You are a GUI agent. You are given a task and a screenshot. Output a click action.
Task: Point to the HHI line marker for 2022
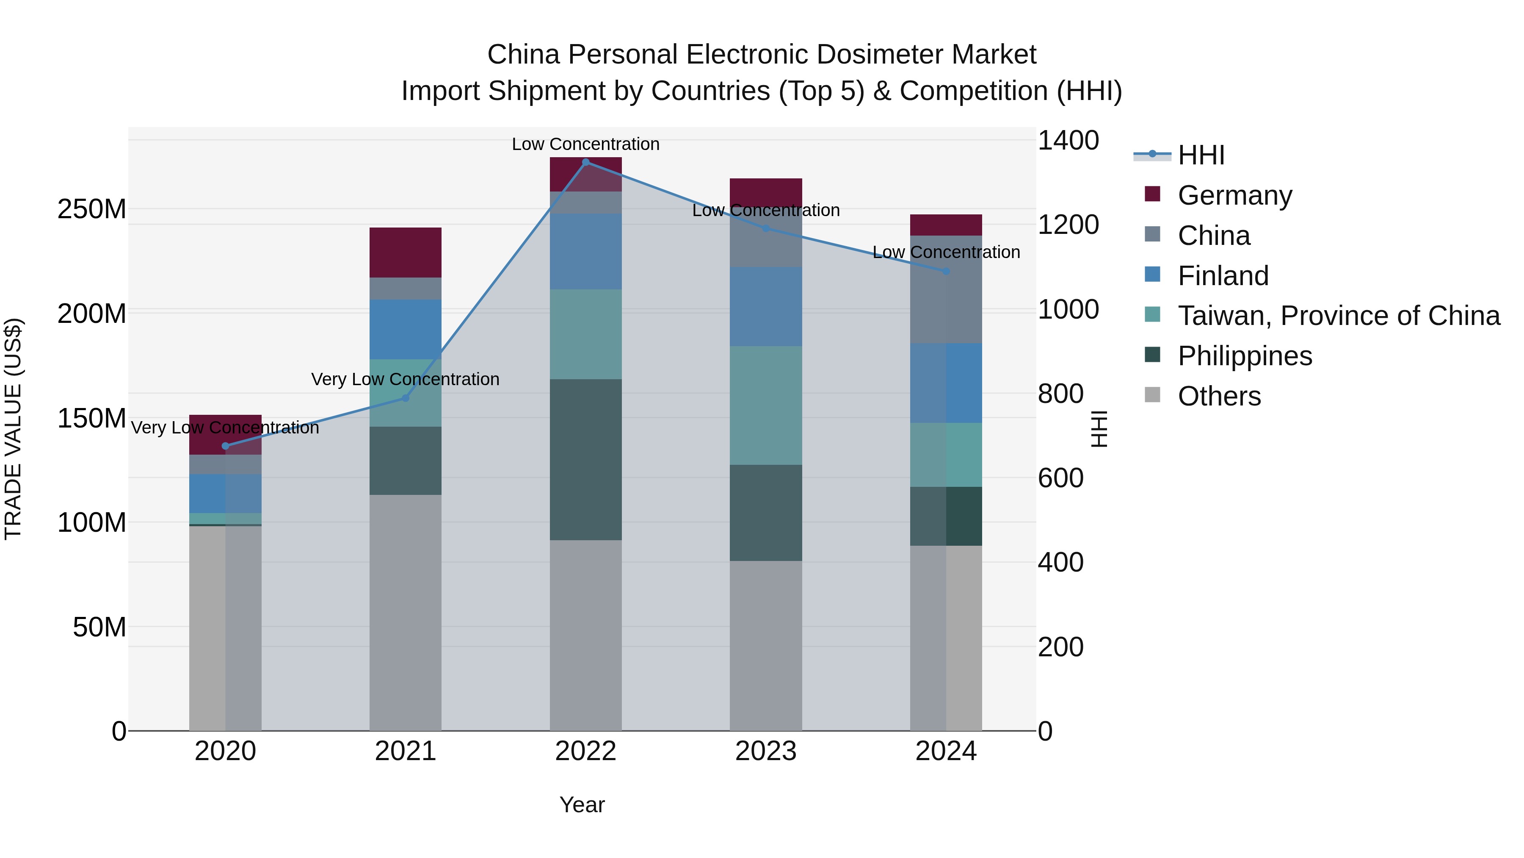pos(586,162)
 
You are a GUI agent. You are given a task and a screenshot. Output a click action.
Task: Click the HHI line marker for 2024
pos(946,271)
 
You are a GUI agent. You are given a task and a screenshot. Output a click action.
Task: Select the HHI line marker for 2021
pos(405,398)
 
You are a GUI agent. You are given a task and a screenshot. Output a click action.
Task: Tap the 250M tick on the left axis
pos(92,209)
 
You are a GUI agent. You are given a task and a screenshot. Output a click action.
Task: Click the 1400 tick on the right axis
pos(1068,141)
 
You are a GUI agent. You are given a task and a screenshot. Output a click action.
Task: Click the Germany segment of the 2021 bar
pos(405,252)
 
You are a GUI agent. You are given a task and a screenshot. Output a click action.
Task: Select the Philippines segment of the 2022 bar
pos(586,459)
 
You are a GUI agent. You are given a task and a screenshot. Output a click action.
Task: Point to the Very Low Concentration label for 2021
pos(405,379)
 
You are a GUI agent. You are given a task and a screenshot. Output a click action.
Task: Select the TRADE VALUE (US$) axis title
pos(14,429)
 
